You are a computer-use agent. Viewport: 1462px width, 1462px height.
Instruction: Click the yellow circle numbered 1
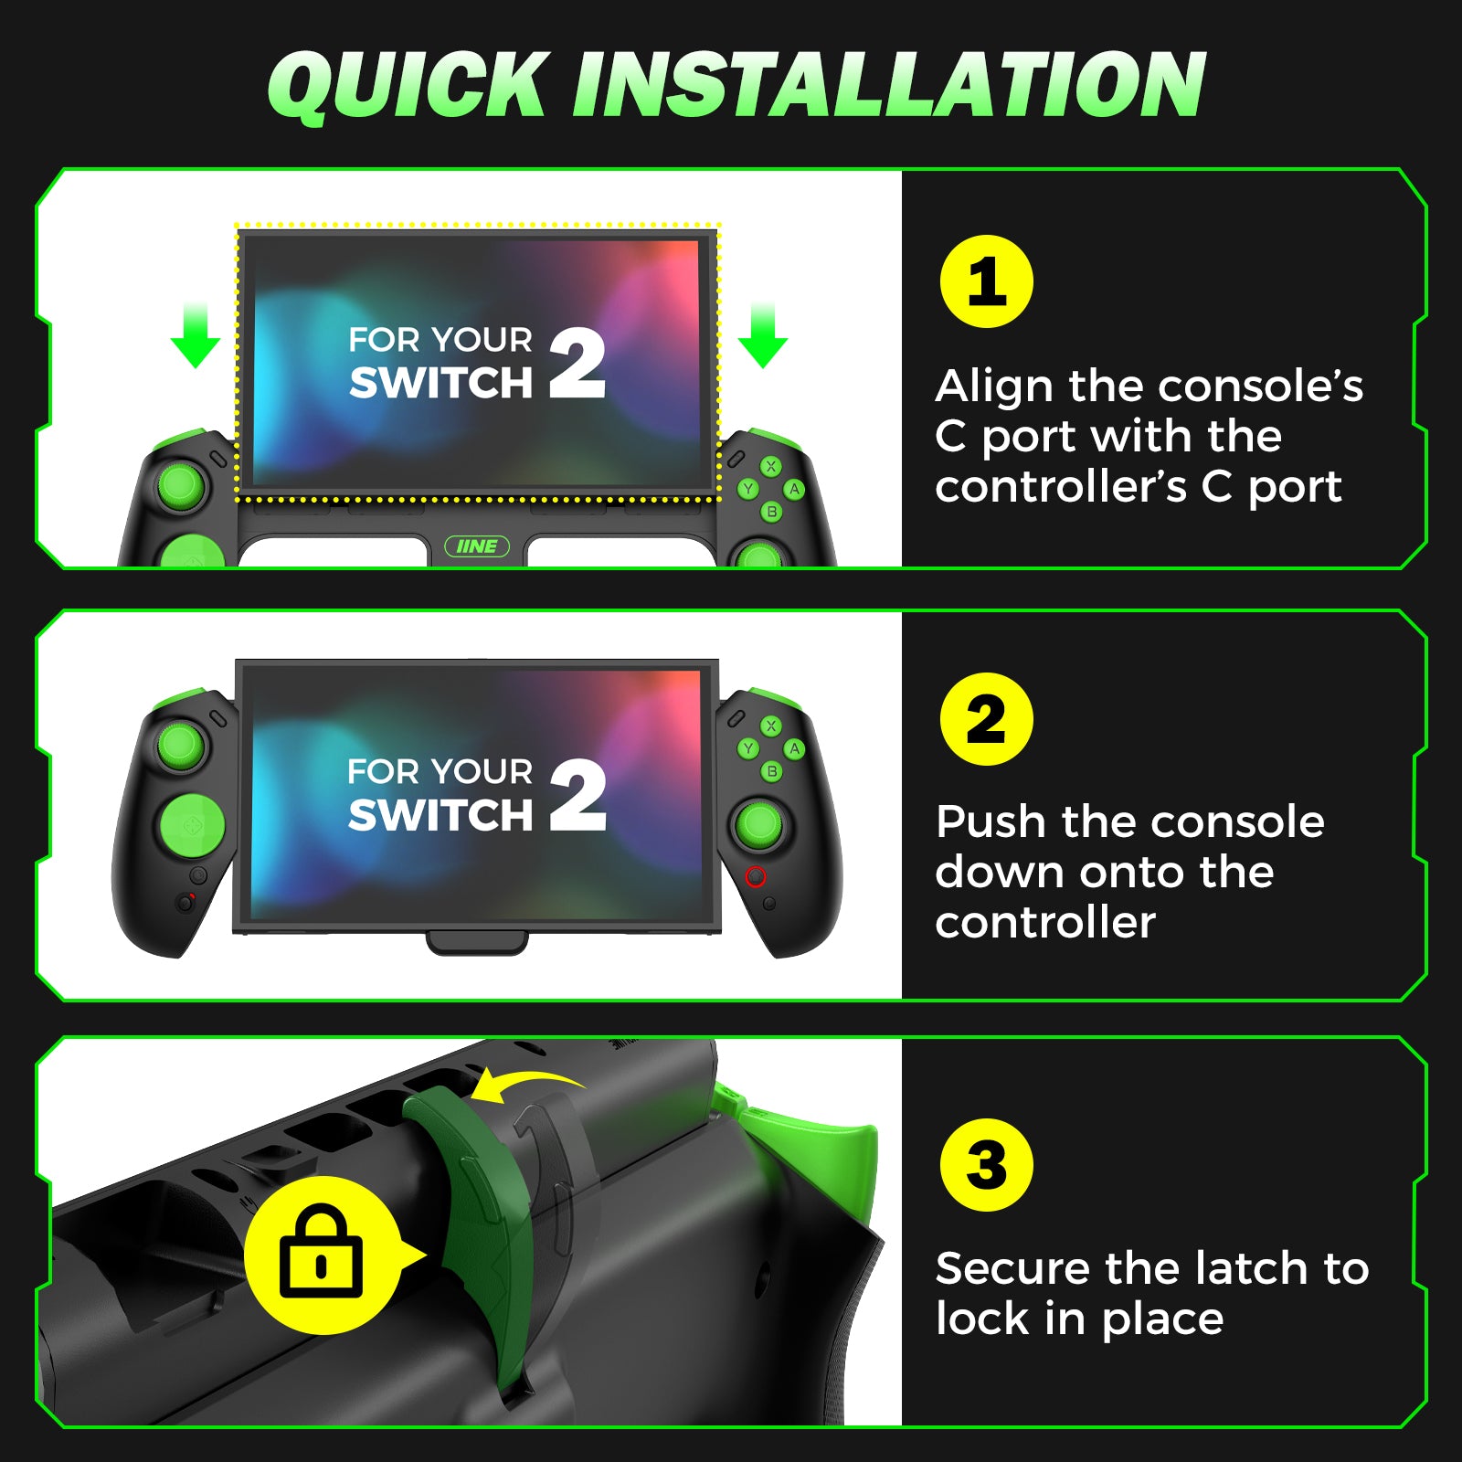coord(986,281)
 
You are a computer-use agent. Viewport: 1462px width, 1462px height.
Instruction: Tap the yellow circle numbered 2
coord(986,719)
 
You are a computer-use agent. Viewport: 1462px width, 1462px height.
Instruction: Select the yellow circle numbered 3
coord(986,1165)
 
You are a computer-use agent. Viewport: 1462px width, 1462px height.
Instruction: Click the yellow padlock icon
coord(321,1254)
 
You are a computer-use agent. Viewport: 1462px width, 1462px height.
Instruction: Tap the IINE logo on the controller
coord(476,546)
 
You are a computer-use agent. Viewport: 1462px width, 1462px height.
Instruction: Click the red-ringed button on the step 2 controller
coord(756,877)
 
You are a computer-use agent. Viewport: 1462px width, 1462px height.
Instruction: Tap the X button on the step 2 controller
coord(771,726)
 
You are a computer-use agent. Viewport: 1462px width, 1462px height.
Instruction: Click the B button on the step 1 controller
coord(771,512)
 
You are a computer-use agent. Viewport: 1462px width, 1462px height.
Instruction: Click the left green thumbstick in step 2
coord(182,745)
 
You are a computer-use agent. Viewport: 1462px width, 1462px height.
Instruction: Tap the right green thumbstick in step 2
coord(759,825)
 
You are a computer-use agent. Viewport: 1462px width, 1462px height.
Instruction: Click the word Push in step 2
coord(991,822)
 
